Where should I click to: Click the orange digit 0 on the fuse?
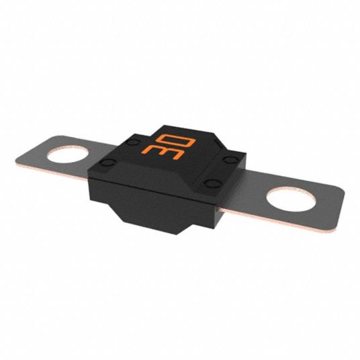[x=176, y=140]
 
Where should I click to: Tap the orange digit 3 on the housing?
[x=163, y=152]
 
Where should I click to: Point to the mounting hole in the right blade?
[x=291, y=199]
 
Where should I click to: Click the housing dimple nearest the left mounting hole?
[x=107, y=163]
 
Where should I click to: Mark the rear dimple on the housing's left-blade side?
[x=133, y=142]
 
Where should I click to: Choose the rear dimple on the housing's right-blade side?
[x=231, y=159]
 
